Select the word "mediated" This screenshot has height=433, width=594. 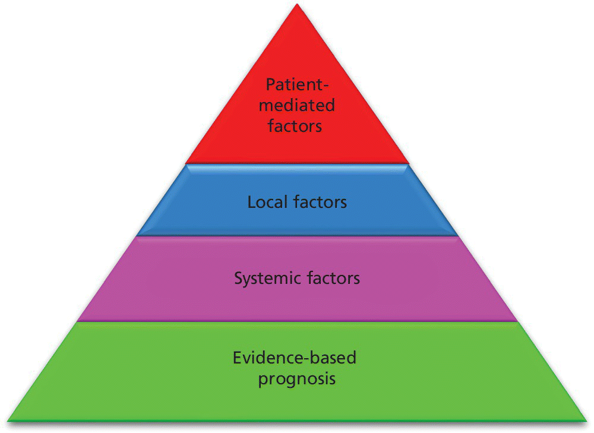(297, 105)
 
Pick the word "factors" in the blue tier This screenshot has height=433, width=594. (321, 202)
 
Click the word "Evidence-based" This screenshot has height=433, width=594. (295, 358)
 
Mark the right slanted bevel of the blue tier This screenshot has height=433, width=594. (432, 201)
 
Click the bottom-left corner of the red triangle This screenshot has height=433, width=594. (186, 163)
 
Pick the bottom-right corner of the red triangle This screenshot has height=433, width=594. (409, 163)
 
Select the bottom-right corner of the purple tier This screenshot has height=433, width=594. (516, 321)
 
